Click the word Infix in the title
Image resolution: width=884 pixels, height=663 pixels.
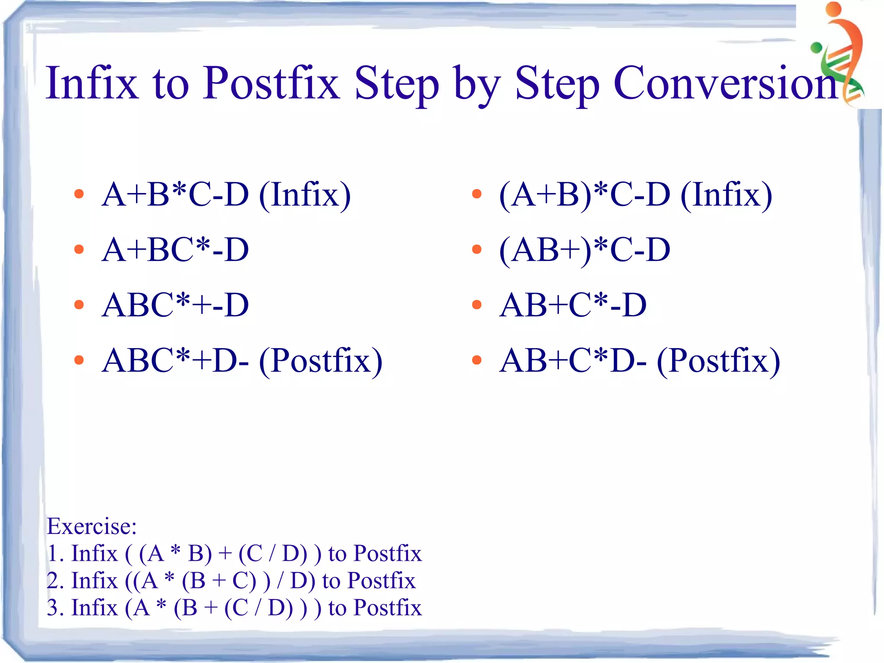pos(92,83)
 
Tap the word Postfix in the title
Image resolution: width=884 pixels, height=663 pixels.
pos(272,83)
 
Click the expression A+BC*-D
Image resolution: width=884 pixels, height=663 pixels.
pos(175,250)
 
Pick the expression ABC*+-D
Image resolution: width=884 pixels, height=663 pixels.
pos(175,305)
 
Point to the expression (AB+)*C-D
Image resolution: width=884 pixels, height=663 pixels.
pos(584,250)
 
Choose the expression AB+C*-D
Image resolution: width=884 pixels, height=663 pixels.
pos(572,305)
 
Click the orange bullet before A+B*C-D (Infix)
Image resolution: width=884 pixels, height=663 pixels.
pos(79,194)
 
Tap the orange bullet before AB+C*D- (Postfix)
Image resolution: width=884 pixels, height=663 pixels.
pos(477,360)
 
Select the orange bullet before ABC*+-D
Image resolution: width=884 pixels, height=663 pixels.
pos(79,305)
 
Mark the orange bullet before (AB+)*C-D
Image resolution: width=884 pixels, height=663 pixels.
pos(477,249)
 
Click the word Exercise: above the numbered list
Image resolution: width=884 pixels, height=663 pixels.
pos(92,526)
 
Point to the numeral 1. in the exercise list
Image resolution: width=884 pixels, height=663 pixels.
pos(56,553)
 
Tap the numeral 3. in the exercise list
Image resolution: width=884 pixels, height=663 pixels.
pos(56,608)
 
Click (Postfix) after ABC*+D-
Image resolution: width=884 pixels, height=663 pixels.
pos(320,361)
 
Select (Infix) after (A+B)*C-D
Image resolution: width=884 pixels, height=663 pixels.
pos(726,195)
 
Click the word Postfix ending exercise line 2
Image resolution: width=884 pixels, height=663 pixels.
pos(381,581)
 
